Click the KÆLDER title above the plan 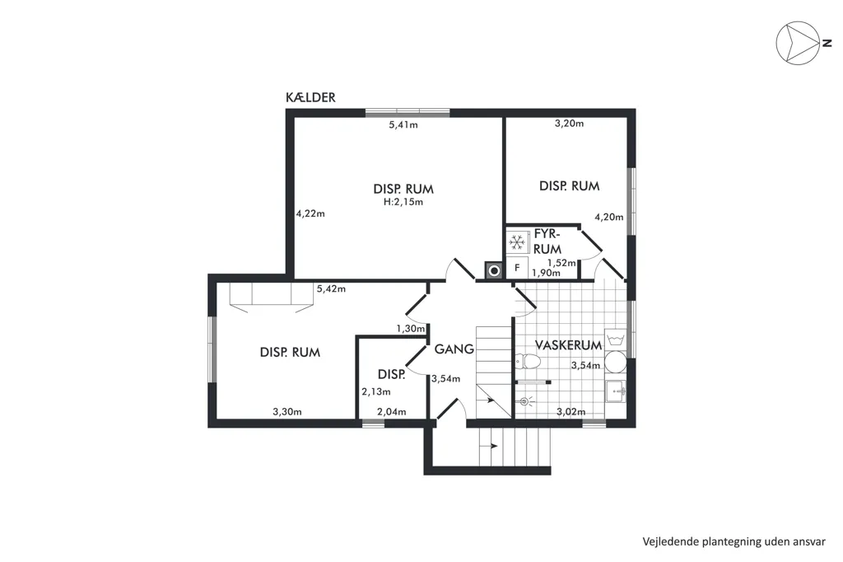pyautogui.click(x=310, y=97)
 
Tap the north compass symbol pyautogui.click(x=799, y=44)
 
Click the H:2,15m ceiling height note pyautogui.click(x=403, y=203)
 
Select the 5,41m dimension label pyautogui.click(x=403, y=125)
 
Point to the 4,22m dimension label pyautogui.click(x=310, y=213)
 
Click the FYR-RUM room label pyautogui.click(x=547, y=241)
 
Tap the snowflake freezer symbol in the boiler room pyautogui.click(x=517, y=243)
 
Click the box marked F pyautogui.click(x=517, y=268)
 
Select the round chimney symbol pyautogui.click(x=494, y=270)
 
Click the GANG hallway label pyautogui.click(x=454, y=349)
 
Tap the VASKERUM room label pyautogui.click(x=568, y=344)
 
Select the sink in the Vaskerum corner pyautogui.click(x=616, y=391)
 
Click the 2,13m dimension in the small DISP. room pyautogui.click(x=375, y=392)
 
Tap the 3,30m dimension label pyautogui.click(x=287, y=412)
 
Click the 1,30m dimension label pyautogui.click(x=411, y=328)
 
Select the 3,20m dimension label pyautogui.click(x=570, y=124)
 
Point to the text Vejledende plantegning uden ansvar pyautogui.click(x=734, y=541)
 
